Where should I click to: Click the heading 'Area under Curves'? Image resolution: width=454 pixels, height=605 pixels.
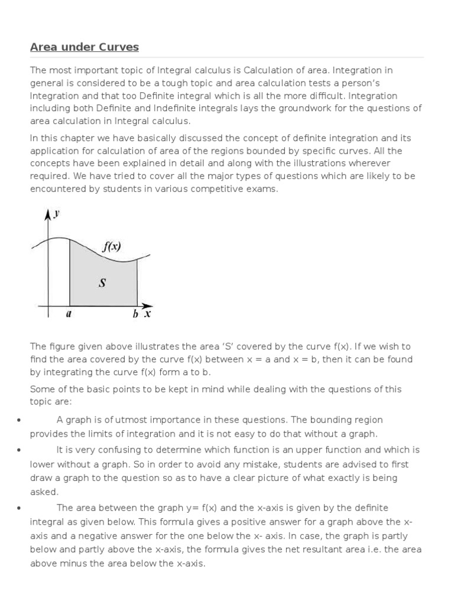pyautogui.click(x=84, y=47)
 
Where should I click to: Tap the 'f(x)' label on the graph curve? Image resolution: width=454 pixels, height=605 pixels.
pyautogui.click(x=111, y=247)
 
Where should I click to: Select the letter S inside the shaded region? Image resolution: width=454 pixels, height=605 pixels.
pyautogui.click(x=102, y=283)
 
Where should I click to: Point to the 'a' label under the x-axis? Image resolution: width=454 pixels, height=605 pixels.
pyautogui.click(x=69, y=314)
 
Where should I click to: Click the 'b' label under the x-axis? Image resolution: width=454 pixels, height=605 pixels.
pyautogui.click(x=135, y=315)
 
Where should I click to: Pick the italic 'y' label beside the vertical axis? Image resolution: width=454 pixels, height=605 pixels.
pyautogui.click(x=56, y=213)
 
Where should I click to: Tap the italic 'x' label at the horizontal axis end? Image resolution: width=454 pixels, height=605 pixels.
pyautogui.click(x=148, y=314)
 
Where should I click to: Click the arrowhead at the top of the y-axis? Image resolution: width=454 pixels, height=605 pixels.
pyautogui.click(x=46, y=212)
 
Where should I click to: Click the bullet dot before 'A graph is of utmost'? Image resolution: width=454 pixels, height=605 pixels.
pyautogui.click(x=20, y=420)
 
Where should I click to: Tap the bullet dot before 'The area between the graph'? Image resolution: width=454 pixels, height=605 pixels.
pyautogui.click(x=20, y=508)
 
